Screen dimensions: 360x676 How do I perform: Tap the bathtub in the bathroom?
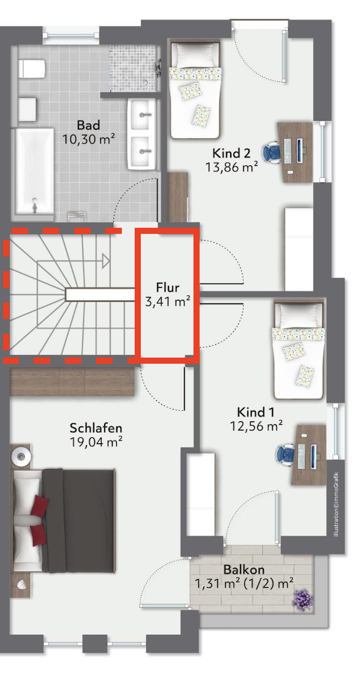click(35, 171)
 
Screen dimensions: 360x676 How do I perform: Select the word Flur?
click(168, 287)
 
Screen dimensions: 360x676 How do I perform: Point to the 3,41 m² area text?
click(168, 301)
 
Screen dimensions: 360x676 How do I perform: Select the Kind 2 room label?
click(231, 153)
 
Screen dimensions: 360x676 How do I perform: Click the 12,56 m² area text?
click(256, 426)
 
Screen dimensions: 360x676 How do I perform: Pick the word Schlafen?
click(96, 428)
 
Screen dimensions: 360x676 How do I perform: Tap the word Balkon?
click(244, 569)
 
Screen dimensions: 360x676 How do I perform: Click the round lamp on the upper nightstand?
click(21, 455)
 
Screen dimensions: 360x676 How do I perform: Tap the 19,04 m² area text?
click(96, 441)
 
